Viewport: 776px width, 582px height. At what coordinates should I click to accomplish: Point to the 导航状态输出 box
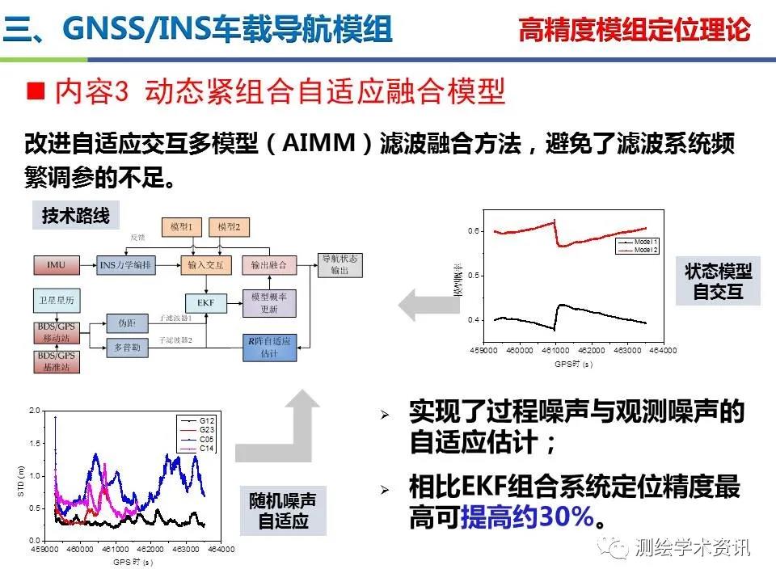(x=339, y=264)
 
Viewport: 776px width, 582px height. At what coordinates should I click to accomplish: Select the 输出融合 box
(x=270, y=264)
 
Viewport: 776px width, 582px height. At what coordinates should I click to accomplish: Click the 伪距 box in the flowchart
(x=127, y=323)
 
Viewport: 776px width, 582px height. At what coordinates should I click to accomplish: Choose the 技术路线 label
(x=75, y=216)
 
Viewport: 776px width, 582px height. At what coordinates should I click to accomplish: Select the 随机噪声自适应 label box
(x=283, y=510)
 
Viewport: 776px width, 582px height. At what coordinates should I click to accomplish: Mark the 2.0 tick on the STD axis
(x=34, y=411)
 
